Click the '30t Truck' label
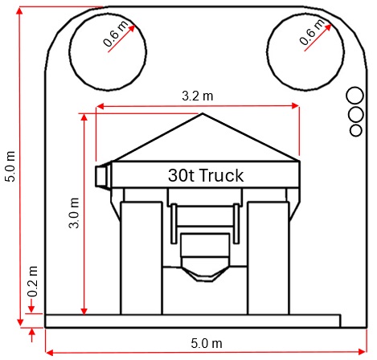[x=205, y=174]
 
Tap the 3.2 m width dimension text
[x=197, y=96]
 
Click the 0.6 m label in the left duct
[x=117, y=36]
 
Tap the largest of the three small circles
[x=354, y=96]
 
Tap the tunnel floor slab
[x=193, y=321]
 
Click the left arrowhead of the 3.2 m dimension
[x=99, y=106]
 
